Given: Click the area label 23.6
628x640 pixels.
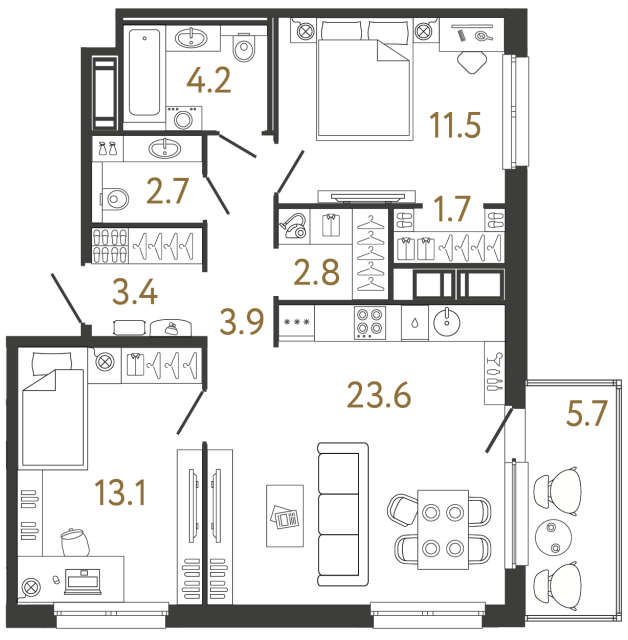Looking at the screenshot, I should (381, 396).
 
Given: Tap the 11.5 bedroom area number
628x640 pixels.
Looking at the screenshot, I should (454, 127).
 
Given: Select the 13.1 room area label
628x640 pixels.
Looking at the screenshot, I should (120, 492).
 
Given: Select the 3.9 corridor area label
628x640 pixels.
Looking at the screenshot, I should (242, 323).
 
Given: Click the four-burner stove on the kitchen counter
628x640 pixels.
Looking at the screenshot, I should (369, 322).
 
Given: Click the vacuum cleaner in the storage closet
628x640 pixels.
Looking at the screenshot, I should (293, 226).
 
